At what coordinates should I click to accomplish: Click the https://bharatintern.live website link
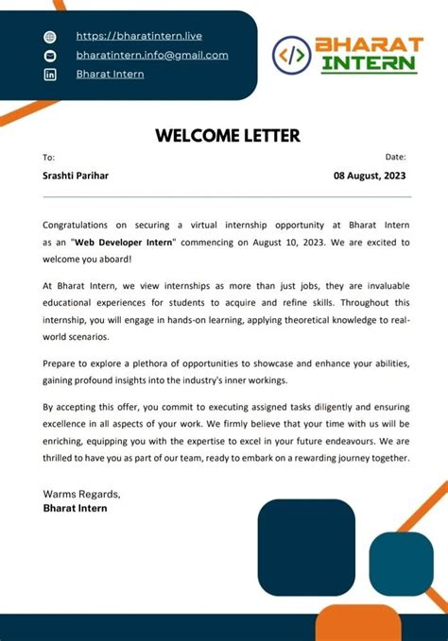click(x=139, y=36)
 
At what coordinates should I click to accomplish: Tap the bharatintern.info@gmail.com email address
click(x=152, y=55)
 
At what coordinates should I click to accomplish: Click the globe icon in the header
click(x=51, y=37)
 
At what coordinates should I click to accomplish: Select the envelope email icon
click(x=51, y=56)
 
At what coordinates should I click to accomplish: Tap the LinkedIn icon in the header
click(x=51, y=75)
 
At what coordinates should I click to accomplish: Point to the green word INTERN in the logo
click(x=368, y=64)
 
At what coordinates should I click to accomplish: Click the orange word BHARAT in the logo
click(x=368, y=45)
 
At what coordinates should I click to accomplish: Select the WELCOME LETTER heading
click(x=227, y=136)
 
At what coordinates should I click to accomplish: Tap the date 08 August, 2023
click(x=370, y=176)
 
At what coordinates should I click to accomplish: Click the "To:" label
click(x=49, y=157)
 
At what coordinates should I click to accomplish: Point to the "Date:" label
click(x=395, y=157)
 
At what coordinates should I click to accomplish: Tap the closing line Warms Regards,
click(x=81, y=494)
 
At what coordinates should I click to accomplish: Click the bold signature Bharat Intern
click(x=76, y=508)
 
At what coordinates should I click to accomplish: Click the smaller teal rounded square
click(x=401, y=564)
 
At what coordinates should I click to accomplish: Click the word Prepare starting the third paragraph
click(x=63, y=363)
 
